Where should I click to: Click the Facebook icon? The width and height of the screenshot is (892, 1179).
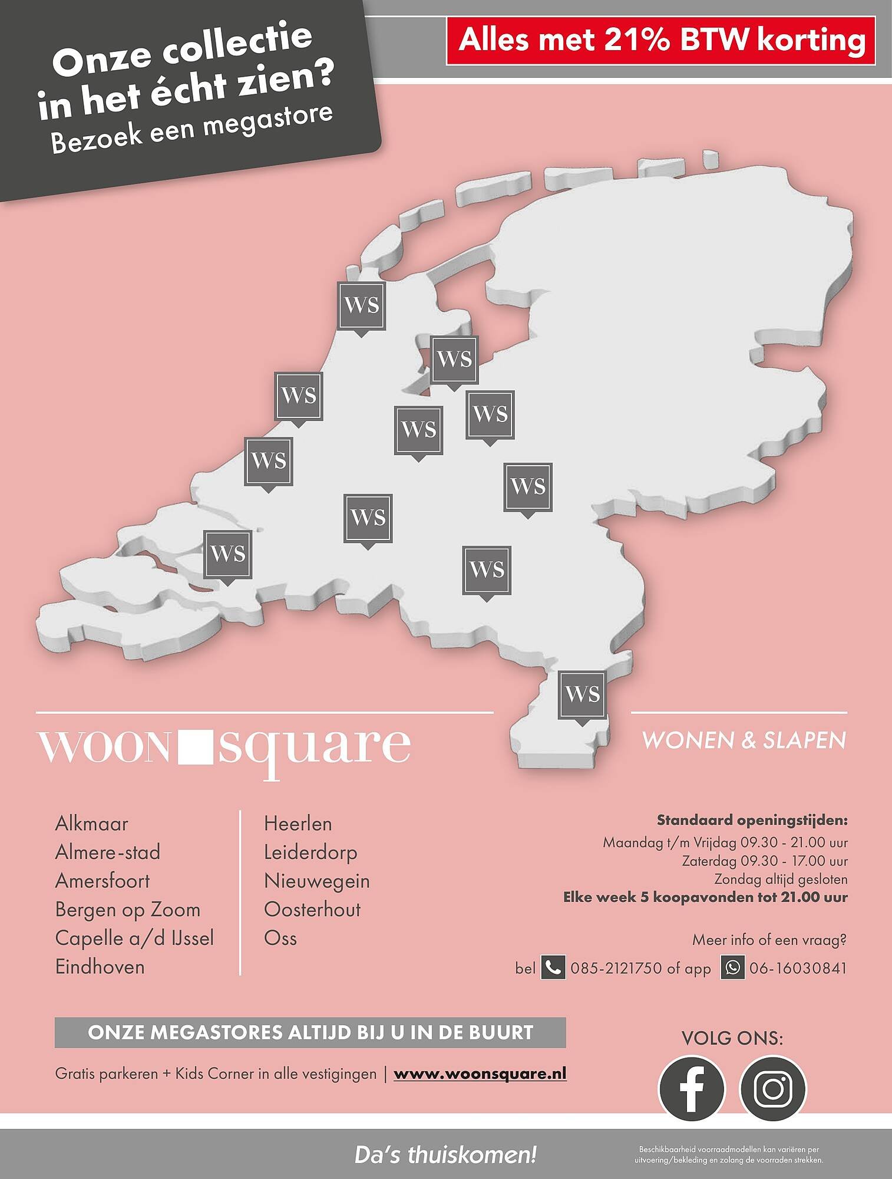pos(691,1088)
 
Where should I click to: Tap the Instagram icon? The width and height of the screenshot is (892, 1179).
pos(772,1088)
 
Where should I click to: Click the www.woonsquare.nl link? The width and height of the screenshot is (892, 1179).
pos(480,1073)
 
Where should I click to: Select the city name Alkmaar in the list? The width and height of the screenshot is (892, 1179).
pos(91,824)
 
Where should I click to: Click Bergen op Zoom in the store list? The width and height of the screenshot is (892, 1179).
pos(127,910)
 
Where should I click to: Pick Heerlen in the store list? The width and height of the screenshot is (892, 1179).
pos(298,824)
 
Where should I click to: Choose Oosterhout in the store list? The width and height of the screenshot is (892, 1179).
pos(312,910)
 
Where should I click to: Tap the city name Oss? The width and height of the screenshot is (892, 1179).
pos(280,938)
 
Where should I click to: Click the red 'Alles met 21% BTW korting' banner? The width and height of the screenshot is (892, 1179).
pos(661,40)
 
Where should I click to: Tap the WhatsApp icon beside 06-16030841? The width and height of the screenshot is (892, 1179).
pos(732,968)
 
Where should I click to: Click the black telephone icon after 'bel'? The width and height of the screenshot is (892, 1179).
pos(553,968)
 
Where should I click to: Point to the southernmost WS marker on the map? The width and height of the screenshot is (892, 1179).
pos(582,695)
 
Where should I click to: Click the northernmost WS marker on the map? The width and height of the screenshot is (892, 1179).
pos(361,305)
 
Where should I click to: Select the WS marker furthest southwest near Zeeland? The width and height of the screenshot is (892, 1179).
pos(227,554)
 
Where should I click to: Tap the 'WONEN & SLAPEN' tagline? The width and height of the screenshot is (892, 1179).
pos(744,740)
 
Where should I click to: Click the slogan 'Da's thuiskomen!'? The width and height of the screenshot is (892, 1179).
pos(445,1155)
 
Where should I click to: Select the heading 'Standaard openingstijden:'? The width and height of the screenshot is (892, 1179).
pos(752,820)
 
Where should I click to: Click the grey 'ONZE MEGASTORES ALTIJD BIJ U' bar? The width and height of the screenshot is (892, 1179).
pos(310,1032)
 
